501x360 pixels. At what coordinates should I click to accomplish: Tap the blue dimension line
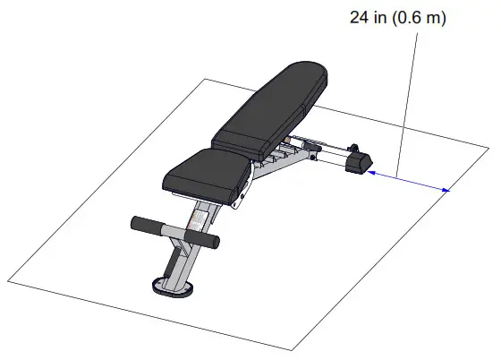point(407,180)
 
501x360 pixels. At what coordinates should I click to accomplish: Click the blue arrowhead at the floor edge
point(444,189)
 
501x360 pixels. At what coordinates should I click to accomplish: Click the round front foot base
point(171,287)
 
